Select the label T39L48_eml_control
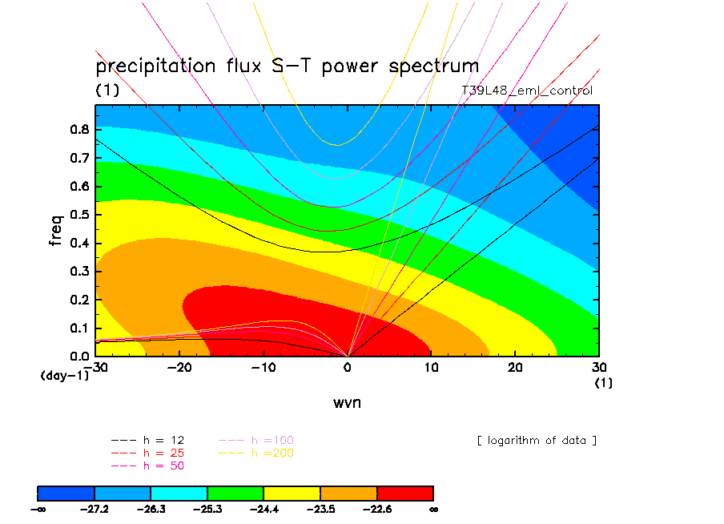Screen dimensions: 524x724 tap(527, 91)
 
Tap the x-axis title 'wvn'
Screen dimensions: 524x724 tap(347, 402)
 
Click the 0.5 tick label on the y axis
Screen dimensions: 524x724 tap(78, 214)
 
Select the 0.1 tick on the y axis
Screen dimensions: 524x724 tap(78, 328)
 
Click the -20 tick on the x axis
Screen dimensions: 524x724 tap(179, 367)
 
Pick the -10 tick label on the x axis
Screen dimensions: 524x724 tap(263, 367)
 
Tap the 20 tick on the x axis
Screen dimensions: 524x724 tap(515, 367)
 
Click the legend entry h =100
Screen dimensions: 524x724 tap(256, 440)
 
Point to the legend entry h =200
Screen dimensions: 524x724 tap(256, 453)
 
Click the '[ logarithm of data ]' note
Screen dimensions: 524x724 tap(536, 440)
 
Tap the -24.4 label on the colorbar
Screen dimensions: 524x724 tap(264, 508)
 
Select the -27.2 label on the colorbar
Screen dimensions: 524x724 tap(95, 508)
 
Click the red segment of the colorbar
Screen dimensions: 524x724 tap(404, 492)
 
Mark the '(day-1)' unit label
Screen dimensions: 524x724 tap(64, 375)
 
